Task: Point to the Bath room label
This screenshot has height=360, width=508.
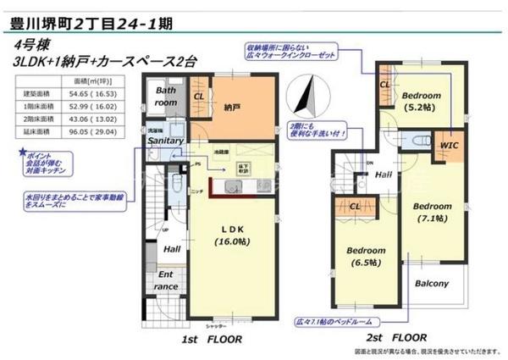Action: tap(164, 96)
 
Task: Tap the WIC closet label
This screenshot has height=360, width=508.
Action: tap(449, 145)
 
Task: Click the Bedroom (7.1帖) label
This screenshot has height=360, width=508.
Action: tap(433, 212)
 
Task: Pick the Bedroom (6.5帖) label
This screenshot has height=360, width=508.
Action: tap(366, 257)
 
